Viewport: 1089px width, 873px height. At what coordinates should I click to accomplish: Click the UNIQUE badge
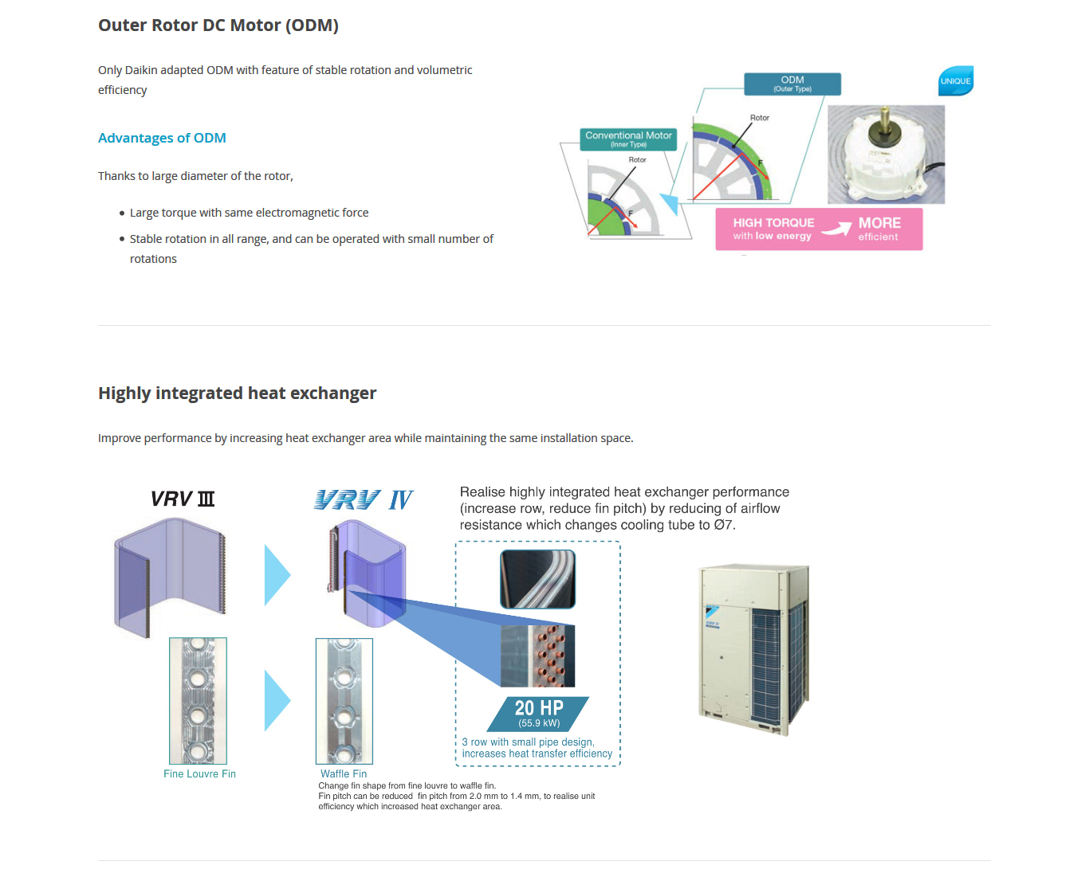pos(955,81)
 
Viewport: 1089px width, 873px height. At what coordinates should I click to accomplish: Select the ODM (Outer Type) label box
pos(792,84)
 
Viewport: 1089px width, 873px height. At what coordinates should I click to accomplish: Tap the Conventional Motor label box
pos(628,139)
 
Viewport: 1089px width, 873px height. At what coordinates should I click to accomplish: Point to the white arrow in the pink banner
pos(836,228)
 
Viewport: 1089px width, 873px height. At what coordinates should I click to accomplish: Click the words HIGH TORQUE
pos(774,223)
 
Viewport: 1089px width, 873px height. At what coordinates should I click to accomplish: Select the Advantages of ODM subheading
pos(162,138)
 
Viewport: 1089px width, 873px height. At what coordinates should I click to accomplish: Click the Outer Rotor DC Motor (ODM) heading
pos(218,25)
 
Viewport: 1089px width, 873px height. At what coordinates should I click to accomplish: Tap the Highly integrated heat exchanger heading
pos(238,393)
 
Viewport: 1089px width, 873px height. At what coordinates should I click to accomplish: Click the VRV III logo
pos(183,499)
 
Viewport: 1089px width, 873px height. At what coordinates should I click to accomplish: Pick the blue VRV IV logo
pos(364,499)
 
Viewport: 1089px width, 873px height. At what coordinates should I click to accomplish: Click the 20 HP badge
pos(538,714)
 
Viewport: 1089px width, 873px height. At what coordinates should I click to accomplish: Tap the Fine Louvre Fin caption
pos(199,774)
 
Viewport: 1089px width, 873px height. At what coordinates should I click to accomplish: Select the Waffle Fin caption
pos(344,774)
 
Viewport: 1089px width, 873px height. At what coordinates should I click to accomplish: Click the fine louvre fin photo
pos(198,700)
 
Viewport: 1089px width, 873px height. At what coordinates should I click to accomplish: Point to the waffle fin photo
pos(344,701)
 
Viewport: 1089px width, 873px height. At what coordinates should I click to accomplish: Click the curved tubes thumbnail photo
pos(537,579)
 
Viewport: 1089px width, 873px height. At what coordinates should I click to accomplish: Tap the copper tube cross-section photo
pos(537,656)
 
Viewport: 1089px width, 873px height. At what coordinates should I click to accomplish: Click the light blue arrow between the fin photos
pos(277,700)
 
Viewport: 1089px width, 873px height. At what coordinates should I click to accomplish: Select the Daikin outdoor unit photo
pos(753,649)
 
